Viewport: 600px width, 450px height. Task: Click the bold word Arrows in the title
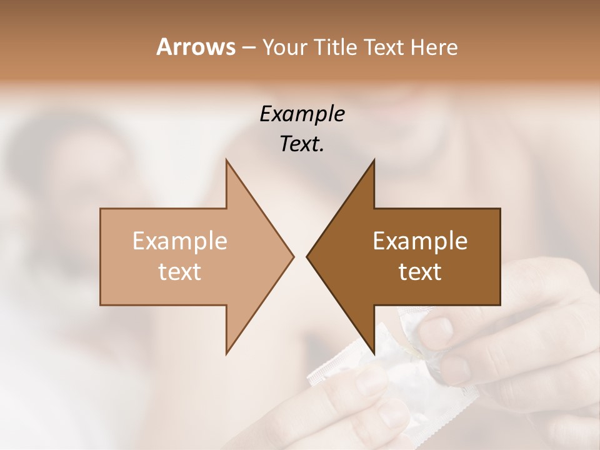pyautogui.click(x=196, y=47)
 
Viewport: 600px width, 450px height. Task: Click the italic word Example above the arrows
pyautogui.click(x=302, y=114)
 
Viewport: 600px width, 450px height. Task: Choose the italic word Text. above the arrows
pyautogui.click(x=302, y=144)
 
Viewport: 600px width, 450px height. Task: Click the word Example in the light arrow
pyautogui.click(x=180, y=241)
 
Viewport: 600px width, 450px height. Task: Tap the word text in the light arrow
pyautogui.click(x=180, y=272)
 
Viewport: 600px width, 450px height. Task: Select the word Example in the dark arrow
pyautogui.click(x=420, y=241)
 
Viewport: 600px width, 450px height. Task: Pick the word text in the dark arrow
pyautogui.click(x=420, y=272)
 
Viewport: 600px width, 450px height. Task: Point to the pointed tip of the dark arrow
pyautogui.click(x=307, y=256)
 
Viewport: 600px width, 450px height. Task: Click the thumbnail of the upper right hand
pyautogui.click(x=441, y=329)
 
